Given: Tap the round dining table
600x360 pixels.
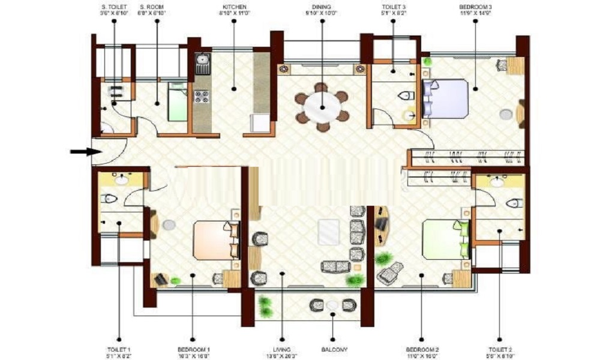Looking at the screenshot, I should tap(322, 107).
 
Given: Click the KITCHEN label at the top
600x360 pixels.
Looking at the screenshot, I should tap(233, 7).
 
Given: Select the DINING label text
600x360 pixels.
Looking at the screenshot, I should tap(321, 7).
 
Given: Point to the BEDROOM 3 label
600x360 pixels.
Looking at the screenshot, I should tap(475, 7).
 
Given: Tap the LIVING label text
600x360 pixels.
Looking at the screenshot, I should tap(282, 349).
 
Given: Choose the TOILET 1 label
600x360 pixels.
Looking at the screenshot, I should tap(119, 349).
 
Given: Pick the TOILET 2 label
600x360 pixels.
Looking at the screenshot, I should tap(499, 349).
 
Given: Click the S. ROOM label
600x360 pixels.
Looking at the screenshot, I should tap(157, 7).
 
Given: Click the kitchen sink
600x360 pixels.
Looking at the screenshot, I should tap(202, 60).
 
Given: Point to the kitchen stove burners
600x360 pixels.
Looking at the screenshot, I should tap(202, 96).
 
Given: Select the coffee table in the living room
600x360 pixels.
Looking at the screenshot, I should tap(329, 232).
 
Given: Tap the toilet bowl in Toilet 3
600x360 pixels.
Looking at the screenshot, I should tap(406, 95).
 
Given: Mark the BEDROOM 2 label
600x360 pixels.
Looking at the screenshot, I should tap(422, 349).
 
